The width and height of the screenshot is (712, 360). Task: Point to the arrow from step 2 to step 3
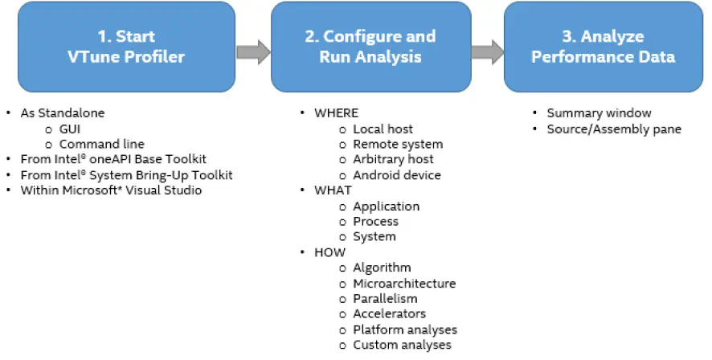pyautogui.click(x=487, y=53)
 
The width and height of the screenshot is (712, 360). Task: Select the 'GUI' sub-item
pyautogui.click(x=71, y=129)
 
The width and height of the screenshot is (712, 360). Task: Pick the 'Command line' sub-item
pyautogui.click(x=101, y=144)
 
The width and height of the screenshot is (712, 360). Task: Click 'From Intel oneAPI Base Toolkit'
pyautogui.click(x=110, y=159)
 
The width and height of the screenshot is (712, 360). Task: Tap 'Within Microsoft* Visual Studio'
pyautogui.click(x=111, y=190)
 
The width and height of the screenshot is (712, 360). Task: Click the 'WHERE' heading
pyautogui.click(x=336, y=113)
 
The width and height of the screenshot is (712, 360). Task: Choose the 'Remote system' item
pyautogui.click(x=398, y=144)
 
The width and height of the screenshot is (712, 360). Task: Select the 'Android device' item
pyautogui.click(x=397, y=174)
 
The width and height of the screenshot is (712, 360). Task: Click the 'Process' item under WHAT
pyautogui.click(x=376, y=221)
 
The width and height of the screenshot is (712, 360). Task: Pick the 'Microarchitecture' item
pyautogui.click(x=404, y=283)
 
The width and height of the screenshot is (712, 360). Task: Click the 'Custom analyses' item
pyautogui.click(x=402, y=345)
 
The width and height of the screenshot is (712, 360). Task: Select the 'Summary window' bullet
pyautogui.click(x=599, y=113)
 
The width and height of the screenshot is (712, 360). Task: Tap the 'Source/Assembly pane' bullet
pyautogui.click(x=614, y=129)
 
